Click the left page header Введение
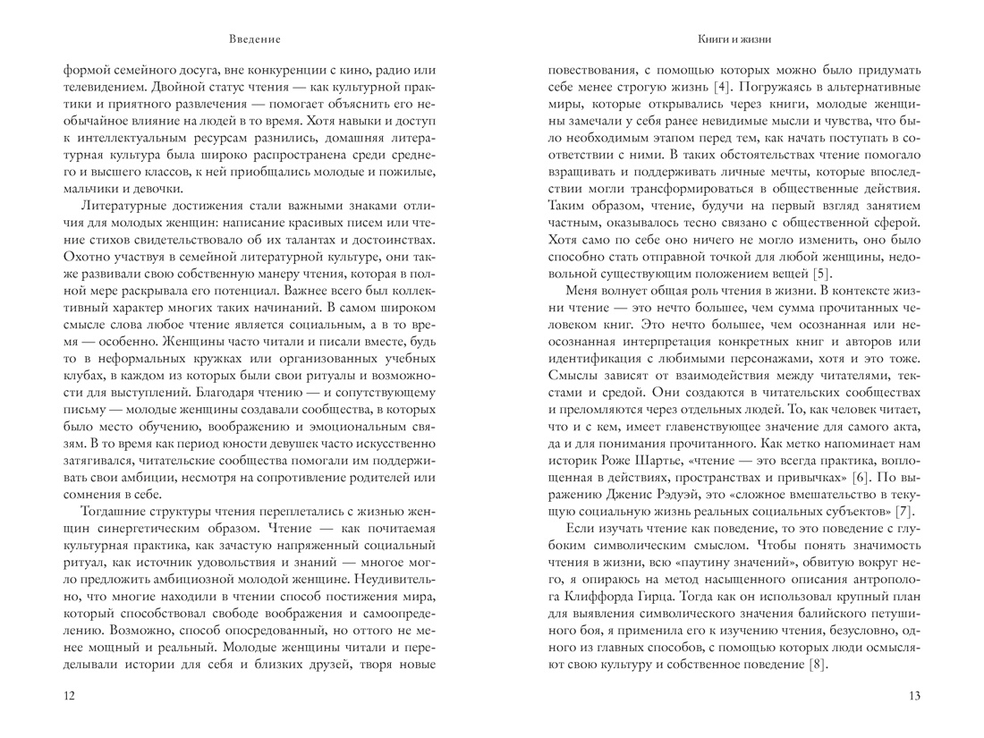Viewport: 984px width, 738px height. point(254,39)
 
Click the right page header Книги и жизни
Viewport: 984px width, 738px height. point(734,39)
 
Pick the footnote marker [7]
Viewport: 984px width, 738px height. point(903,511)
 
